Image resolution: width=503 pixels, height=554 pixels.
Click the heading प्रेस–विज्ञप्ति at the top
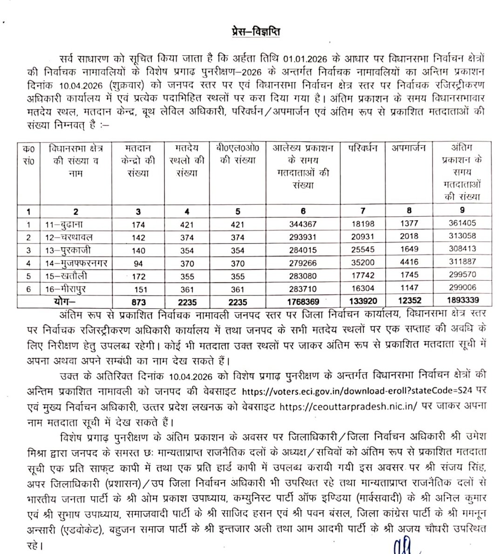click(256, 32)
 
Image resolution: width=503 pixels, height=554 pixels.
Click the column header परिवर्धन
click(363, 149)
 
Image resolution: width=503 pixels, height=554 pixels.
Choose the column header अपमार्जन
click(408, 149)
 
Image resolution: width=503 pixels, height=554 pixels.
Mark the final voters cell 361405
click(462, 223)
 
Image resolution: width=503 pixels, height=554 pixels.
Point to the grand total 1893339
click(461, 301)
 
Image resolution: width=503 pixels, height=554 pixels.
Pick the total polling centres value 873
click(138, 302)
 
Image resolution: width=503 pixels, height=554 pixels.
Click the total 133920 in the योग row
click(363, 301)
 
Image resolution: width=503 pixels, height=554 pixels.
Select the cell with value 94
click(138, 263)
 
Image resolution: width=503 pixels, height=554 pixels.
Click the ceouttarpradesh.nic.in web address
click(348, 406)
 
